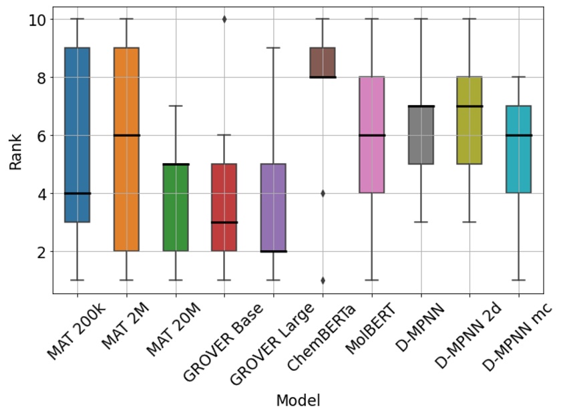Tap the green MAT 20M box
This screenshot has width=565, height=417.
pyautogui.click(x=175, y=207)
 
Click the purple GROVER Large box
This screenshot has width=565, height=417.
pyautogui.click(x=273, y=207)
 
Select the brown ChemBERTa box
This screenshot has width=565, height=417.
pyautogui.click(x=322, y=63)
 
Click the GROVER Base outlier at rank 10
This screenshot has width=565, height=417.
pyautogui.click(x=224, y=19)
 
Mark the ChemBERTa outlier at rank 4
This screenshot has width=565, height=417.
pyautogui.click(x=322, y=193)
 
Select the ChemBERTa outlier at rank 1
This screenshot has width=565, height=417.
pyautogui.click(x=322, y=280)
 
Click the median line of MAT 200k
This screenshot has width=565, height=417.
pyautogui.click(x=77, y=193)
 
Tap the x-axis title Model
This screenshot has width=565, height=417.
pyautogui.click(x=298, y=400)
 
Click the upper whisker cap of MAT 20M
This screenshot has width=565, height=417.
pyautogui.click(x=175, y=106)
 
